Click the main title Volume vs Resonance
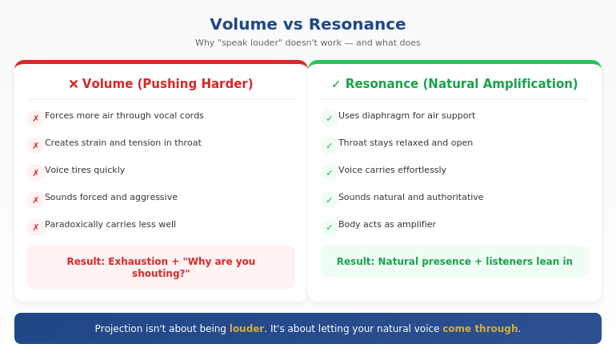[307, 24]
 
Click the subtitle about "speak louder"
[307, 43]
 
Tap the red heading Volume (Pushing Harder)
[161, 84]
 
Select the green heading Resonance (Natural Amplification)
[454, 84]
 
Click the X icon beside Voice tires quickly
[36, 173]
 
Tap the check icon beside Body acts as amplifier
[330, 227]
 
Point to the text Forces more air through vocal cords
[124, 116]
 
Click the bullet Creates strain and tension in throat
[123, 143]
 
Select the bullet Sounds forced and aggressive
[111, 198]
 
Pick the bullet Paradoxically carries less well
[110, 225]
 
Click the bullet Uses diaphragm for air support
[406, 116]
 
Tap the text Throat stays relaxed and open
[406, 143]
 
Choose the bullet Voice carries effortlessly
[392, 170]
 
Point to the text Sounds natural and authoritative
[410, 198]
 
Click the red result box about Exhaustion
[161, 267]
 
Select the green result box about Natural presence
[454, 262]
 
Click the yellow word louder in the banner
[246, 329]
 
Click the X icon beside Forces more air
[36, 118]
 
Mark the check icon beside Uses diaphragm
[330, 118]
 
